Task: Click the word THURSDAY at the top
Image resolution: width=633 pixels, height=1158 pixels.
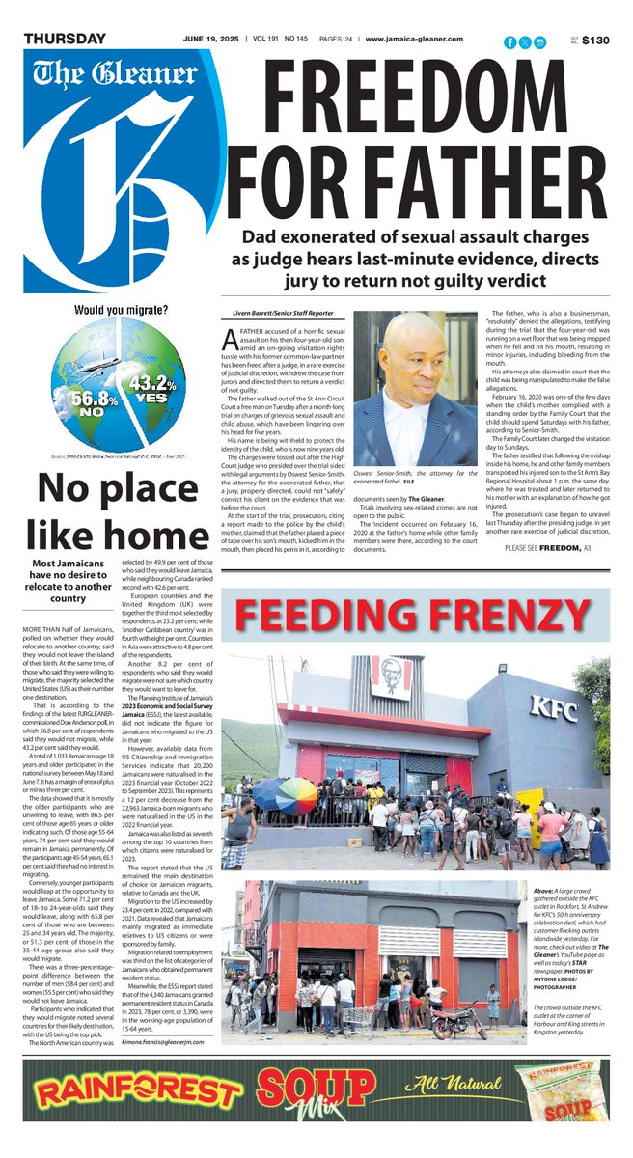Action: pos(65,39)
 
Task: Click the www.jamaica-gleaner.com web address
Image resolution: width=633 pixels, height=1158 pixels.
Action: pos(415,39)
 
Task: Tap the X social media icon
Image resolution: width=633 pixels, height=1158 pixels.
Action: pos(525,41)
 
